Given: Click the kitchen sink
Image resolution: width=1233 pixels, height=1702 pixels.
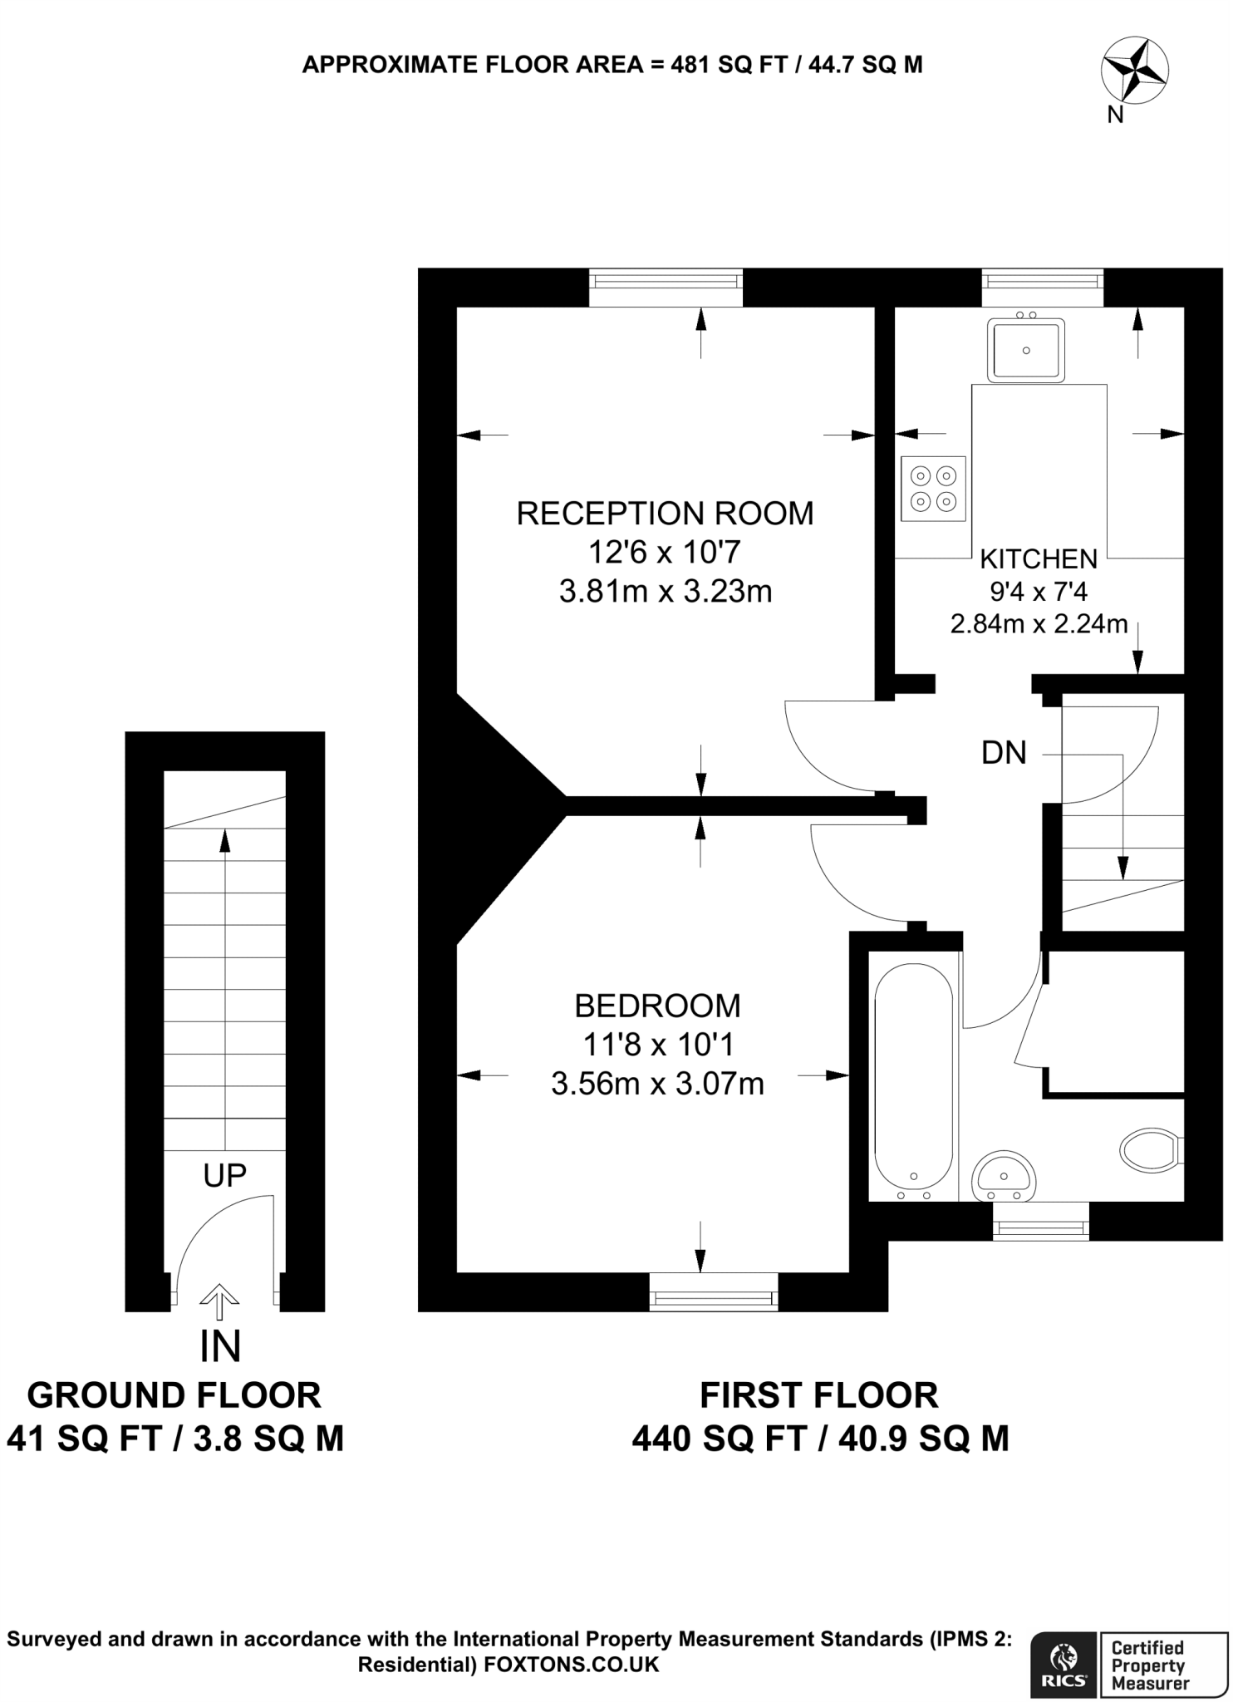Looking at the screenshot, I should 1026,350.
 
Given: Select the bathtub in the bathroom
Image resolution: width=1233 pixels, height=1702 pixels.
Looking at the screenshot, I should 913,1076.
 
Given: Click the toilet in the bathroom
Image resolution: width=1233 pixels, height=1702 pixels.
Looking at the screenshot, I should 1150,1150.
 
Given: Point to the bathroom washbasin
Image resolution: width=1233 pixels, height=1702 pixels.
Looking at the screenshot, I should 1004,1176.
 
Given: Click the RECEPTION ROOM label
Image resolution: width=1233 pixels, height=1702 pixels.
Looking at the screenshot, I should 665,514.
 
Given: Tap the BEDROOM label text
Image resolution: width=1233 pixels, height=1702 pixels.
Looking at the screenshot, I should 657,1006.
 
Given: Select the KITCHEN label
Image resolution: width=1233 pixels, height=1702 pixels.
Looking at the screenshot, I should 1039,558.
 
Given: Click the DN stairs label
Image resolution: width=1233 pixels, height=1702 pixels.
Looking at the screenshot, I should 1004,753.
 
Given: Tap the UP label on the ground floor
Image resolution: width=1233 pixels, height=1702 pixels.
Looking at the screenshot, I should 224,1175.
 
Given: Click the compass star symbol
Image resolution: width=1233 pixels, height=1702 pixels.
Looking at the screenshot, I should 1134,72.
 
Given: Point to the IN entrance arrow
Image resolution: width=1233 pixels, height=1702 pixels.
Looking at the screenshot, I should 219,1301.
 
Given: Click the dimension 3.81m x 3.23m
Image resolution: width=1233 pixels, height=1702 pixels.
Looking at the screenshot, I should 666,592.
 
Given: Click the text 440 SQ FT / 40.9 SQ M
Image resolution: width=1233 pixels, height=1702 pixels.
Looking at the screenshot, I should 820,1439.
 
